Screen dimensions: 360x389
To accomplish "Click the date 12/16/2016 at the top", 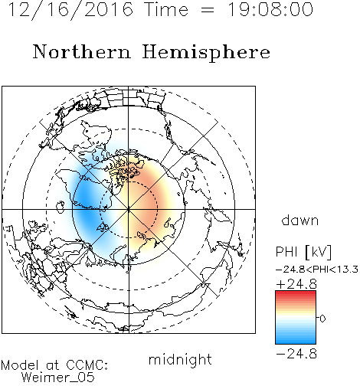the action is (x=70, y=10).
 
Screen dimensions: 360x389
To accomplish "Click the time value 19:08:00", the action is (x=270, y=9).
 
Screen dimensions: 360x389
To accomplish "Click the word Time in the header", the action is (x=166, y=9).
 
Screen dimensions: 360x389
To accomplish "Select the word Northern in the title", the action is (x=82, y=52).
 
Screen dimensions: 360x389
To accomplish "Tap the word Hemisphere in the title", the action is (x=206, y=53).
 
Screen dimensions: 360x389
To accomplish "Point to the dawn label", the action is (x=300, y=220).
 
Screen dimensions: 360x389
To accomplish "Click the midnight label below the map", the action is (x=180, y=359).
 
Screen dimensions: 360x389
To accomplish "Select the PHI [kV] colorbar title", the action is (x=303, y=252).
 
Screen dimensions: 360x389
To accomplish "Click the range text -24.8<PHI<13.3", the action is (x=317, y=270).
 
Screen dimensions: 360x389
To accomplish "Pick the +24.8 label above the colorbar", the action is (x=296, y=284).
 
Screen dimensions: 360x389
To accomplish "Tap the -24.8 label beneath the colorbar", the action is (x=296, y=354).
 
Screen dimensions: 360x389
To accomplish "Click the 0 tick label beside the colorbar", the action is (x=322, y=319).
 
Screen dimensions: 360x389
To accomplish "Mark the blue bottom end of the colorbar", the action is (x=296, y=342).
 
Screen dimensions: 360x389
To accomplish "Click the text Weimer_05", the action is (x=58, y=378).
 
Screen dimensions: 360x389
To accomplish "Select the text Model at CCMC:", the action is (x=54, y=365).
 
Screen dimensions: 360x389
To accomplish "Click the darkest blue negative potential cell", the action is (x=86, y=201).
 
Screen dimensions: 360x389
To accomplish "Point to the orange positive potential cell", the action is (x=148, y=201).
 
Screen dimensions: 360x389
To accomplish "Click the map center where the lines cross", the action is (x=129, y=209).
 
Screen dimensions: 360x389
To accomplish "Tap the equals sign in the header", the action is (x=208, y=10).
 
